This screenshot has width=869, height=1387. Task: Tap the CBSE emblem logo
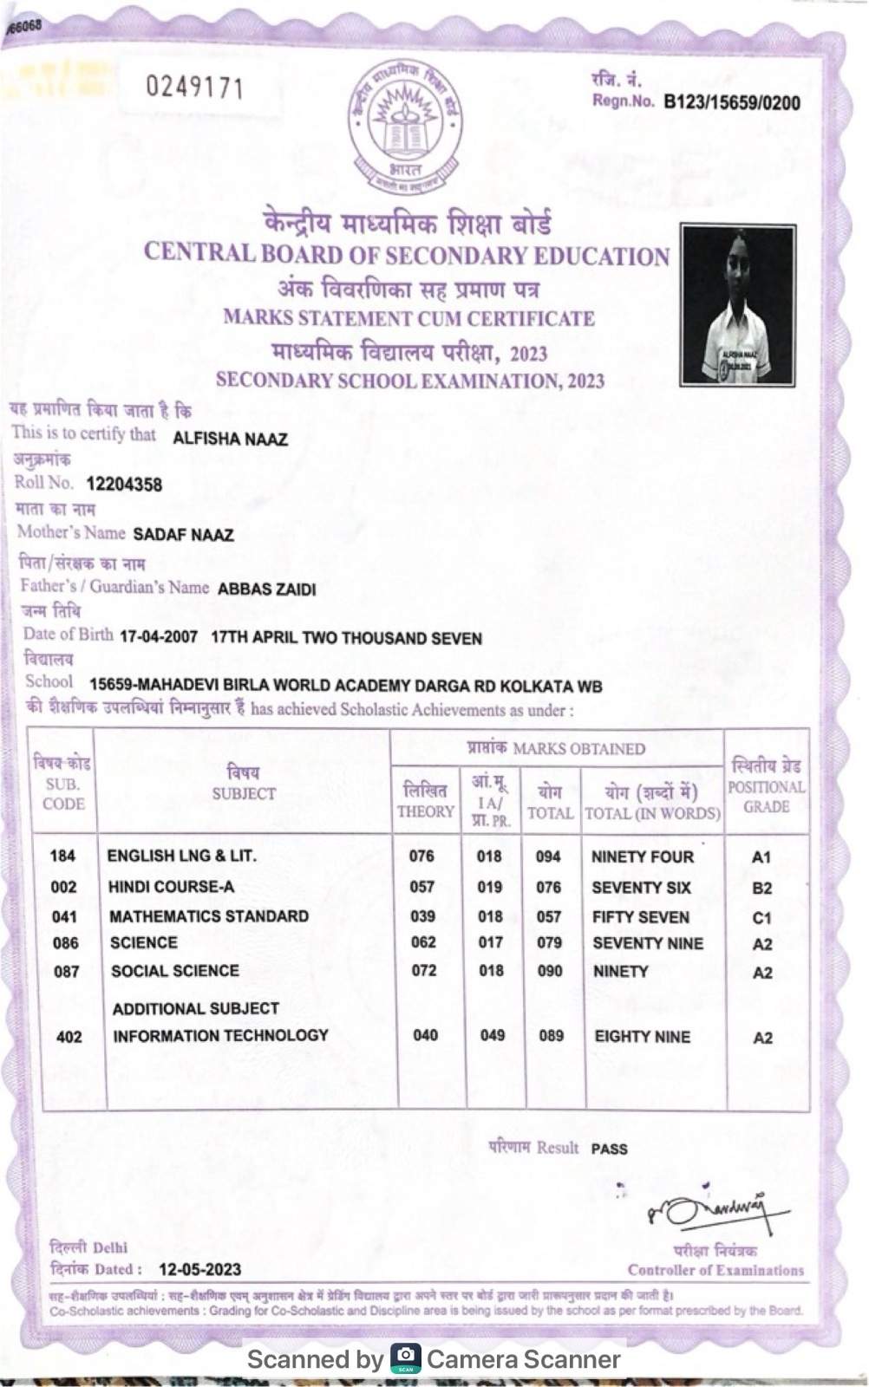[405, 126]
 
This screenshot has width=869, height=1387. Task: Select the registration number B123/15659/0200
[731, 103]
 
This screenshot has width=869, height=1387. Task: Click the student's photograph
[737, 304]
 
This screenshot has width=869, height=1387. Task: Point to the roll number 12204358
[124, 485]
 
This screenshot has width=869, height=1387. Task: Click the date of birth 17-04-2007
[159, 637]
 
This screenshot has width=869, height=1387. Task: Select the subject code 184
[62, 856]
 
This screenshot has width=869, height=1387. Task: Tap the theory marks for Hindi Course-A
[422, 887]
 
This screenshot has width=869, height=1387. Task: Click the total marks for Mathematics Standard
[549, 916]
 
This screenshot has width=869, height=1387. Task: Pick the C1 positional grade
[761, 917]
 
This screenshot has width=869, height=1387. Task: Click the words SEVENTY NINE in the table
[648, 943]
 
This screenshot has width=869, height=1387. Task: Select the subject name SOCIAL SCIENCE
[174, 971]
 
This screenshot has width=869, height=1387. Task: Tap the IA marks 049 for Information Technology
[492, 1035]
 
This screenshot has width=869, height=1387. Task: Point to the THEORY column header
[425, 801]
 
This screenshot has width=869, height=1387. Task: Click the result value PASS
[609, 1149]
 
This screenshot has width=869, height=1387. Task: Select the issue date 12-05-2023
[199, 1269]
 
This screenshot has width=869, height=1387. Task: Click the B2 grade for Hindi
[761, 888]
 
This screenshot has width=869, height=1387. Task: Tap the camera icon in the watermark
[405, 1358]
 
